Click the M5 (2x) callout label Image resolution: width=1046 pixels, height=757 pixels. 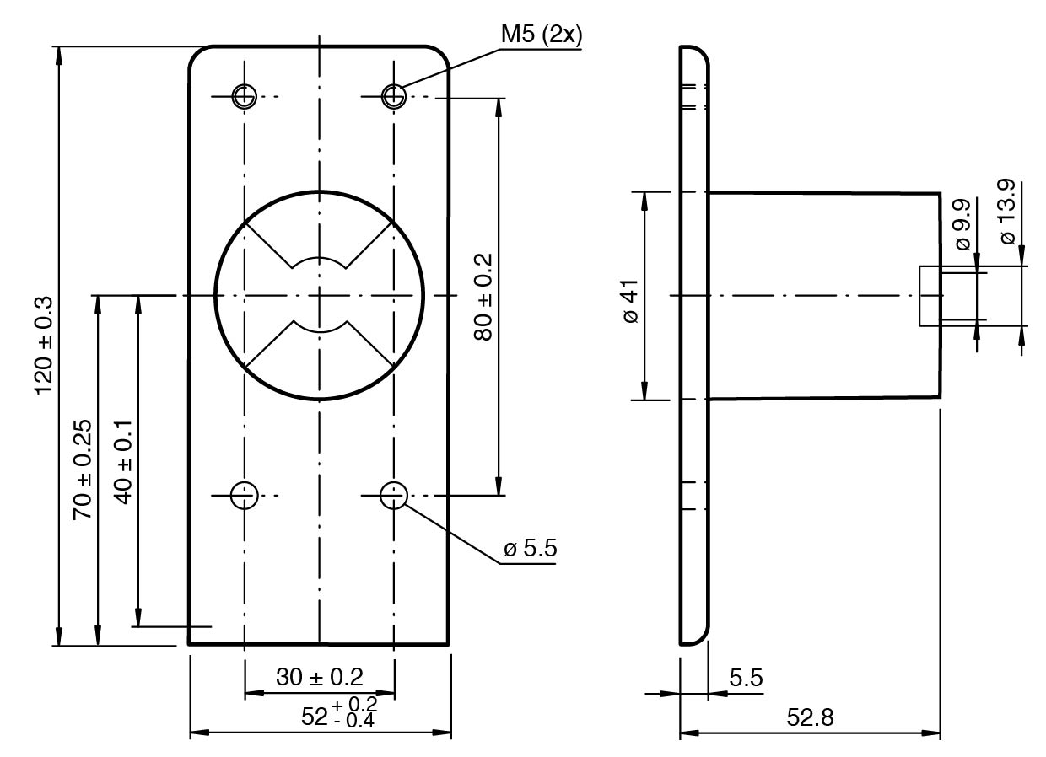click(541, 35)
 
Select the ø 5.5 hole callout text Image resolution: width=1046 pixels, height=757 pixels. click(530, 550)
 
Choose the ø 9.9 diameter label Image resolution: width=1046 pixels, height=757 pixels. click(962, 224)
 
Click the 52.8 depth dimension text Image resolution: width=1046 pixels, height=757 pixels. click(810, 718)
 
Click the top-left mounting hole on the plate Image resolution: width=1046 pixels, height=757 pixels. click(244, 97)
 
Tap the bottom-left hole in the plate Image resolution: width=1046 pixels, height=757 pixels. click(244, 495)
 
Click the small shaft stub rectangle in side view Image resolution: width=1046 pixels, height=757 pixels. click(930, 296)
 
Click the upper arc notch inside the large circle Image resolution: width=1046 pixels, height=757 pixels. click(319, 261)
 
